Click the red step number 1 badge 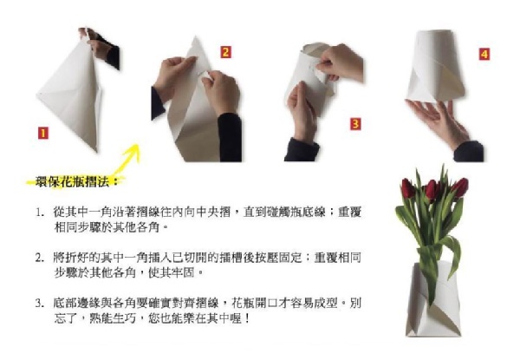43,134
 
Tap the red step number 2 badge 225,52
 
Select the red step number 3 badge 355,124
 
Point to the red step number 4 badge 484,54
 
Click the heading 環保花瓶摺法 73,182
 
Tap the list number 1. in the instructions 40,213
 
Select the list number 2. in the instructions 40,258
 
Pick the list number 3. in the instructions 40,304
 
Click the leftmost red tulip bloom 407,188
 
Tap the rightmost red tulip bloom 459,187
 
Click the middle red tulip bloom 432,189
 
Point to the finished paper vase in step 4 435,66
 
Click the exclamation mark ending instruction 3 246,319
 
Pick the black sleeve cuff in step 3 301,150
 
